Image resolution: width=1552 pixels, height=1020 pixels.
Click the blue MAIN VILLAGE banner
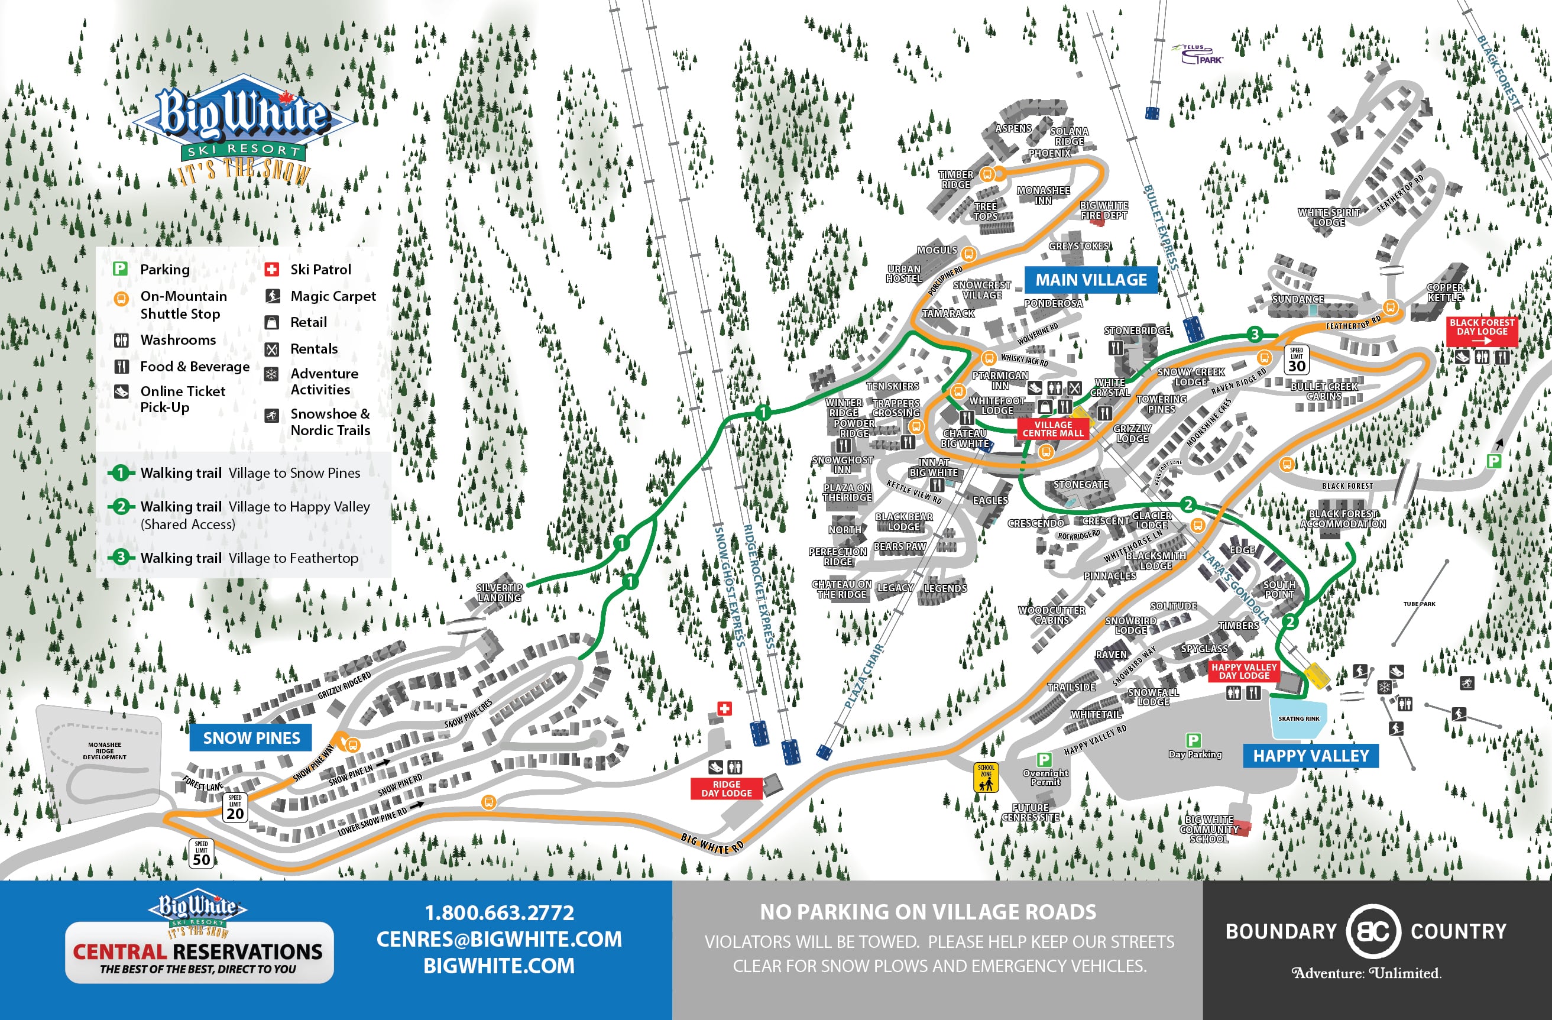1091,280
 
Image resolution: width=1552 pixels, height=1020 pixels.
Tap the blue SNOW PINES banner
251,737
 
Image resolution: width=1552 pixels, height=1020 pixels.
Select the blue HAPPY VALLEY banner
1311,756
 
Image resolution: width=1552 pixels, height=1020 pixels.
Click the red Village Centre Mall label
1052,429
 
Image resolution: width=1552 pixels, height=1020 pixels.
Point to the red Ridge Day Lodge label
727,788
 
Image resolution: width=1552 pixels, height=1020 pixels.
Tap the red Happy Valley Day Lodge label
1243,671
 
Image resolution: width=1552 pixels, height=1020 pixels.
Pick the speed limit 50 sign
202,853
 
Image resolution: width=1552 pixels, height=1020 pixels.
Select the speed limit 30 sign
1297,360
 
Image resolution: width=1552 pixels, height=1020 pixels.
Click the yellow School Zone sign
986,778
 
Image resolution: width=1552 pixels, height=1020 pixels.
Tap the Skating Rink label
1298,718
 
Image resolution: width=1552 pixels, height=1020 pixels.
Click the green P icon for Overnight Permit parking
1044,759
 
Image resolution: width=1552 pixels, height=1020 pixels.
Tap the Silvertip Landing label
500,592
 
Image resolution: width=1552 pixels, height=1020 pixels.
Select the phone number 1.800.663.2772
500,912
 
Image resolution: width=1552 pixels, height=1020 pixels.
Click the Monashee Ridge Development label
104,750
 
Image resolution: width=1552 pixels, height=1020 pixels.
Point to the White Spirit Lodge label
1329,217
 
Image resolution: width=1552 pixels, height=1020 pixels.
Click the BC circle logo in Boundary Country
1373,931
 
